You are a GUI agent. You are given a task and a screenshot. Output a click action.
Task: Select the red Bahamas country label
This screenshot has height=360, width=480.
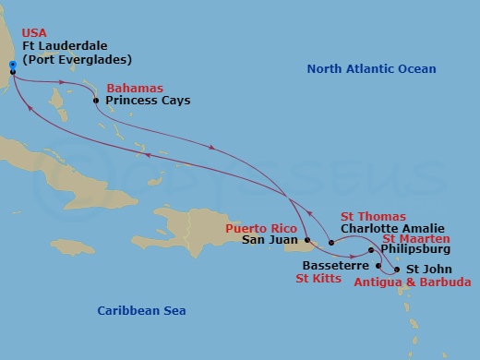coord(131,88)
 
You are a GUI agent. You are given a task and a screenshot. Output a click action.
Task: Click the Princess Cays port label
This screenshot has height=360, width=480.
coord(149,100)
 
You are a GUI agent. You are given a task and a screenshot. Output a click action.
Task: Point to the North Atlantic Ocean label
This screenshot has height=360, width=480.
coord(371,69)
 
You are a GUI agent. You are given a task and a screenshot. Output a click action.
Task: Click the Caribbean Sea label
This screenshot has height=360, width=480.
coord(142,311)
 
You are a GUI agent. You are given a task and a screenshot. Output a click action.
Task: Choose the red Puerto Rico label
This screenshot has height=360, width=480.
coord(259,227)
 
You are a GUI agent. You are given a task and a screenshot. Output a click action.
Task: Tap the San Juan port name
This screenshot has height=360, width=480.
coord(268,241)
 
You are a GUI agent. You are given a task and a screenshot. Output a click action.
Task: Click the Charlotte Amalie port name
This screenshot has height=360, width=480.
coord(392,228)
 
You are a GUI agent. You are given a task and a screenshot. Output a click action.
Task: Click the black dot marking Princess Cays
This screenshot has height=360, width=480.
coord(98,100)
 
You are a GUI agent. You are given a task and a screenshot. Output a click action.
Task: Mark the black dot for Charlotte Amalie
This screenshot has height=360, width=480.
coord(331,243)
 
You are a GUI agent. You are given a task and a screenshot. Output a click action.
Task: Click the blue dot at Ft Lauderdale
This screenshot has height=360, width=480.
coord(12,65)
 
